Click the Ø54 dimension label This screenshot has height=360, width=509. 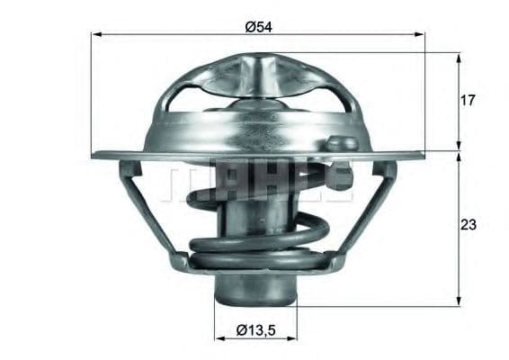click(x=258, y=26)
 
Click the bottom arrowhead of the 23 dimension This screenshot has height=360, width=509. click(x=459, y=301)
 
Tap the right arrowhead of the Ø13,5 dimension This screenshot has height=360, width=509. click(x=294, y=339)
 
